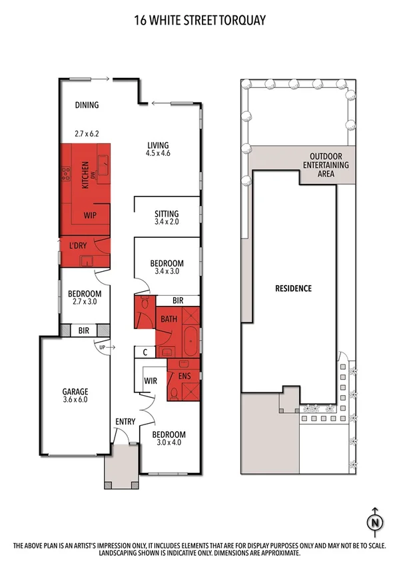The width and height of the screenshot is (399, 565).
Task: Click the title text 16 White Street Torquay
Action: coord(199,21)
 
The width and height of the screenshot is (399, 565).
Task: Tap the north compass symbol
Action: coord(375,521)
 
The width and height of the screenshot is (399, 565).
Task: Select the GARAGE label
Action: coord(76,391)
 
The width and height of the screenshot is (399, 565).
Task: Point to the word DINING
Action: coord(87,105)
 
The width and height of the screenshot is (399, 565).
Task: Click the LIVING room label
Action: coord(158,145)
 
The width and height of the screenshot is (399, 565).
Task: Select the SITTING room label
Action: coord(167,213)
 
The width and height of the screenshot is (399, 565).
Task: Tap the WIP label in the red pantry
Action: coord(91,216)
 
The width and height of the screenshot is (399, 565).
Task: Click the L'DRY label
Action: coord(79,246)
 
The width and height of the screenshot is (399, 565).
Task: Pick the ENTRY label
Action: coord(125,421)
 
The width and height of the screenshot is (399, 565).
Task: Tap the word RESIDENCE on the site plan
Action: coord(293,288)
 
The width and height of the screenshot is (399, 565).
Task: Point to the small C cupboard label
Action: coord(145,351)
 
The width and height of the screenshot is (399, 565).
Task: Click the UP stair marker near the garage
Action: coord(102,347)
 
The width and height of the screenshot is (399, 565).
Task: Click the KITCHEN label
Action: coord(85,175)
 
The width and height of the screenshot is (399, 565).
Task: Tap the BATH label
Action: coord(169,319)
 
